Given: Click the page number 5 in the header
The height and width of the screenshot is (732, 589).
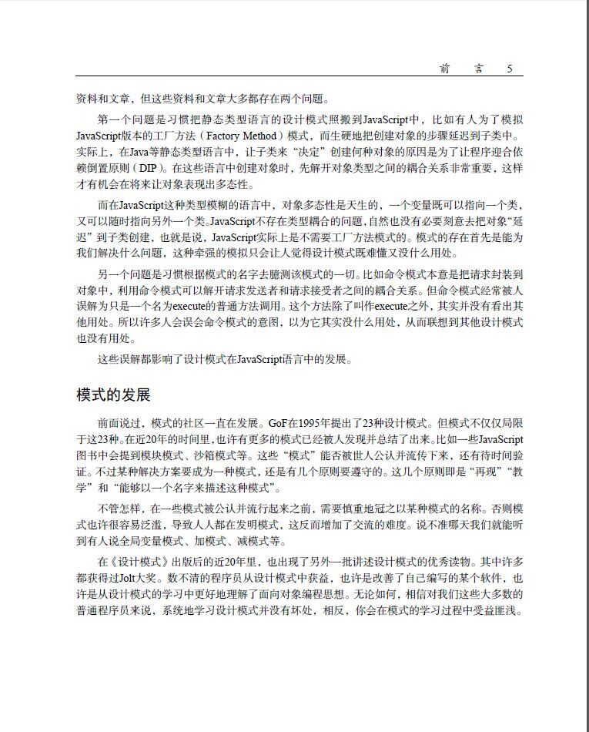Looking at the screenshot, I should [509, 69].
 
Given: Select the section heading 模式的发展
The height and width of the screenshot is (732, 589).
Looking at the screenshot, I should [113, 395].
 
